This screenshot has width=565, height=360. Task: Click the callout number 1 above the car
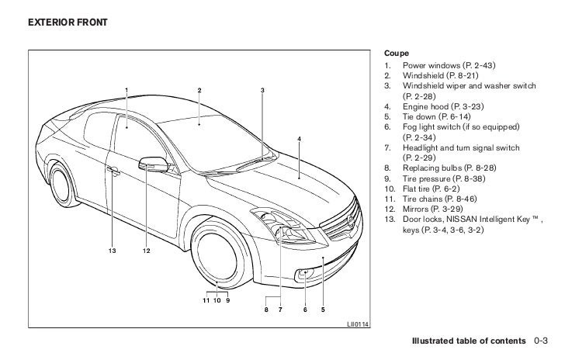click(x=125, y=91)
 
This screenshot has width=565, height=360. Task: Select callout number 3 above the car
click(x=263, y=91)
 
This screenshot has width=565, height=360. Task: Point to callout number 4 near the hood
click(x=299, y=139)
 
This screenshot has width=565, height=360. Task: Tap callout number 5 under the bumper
click(x=322, y=311)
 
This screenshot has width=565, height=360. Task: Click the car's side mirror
click(x=152, y=164)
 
